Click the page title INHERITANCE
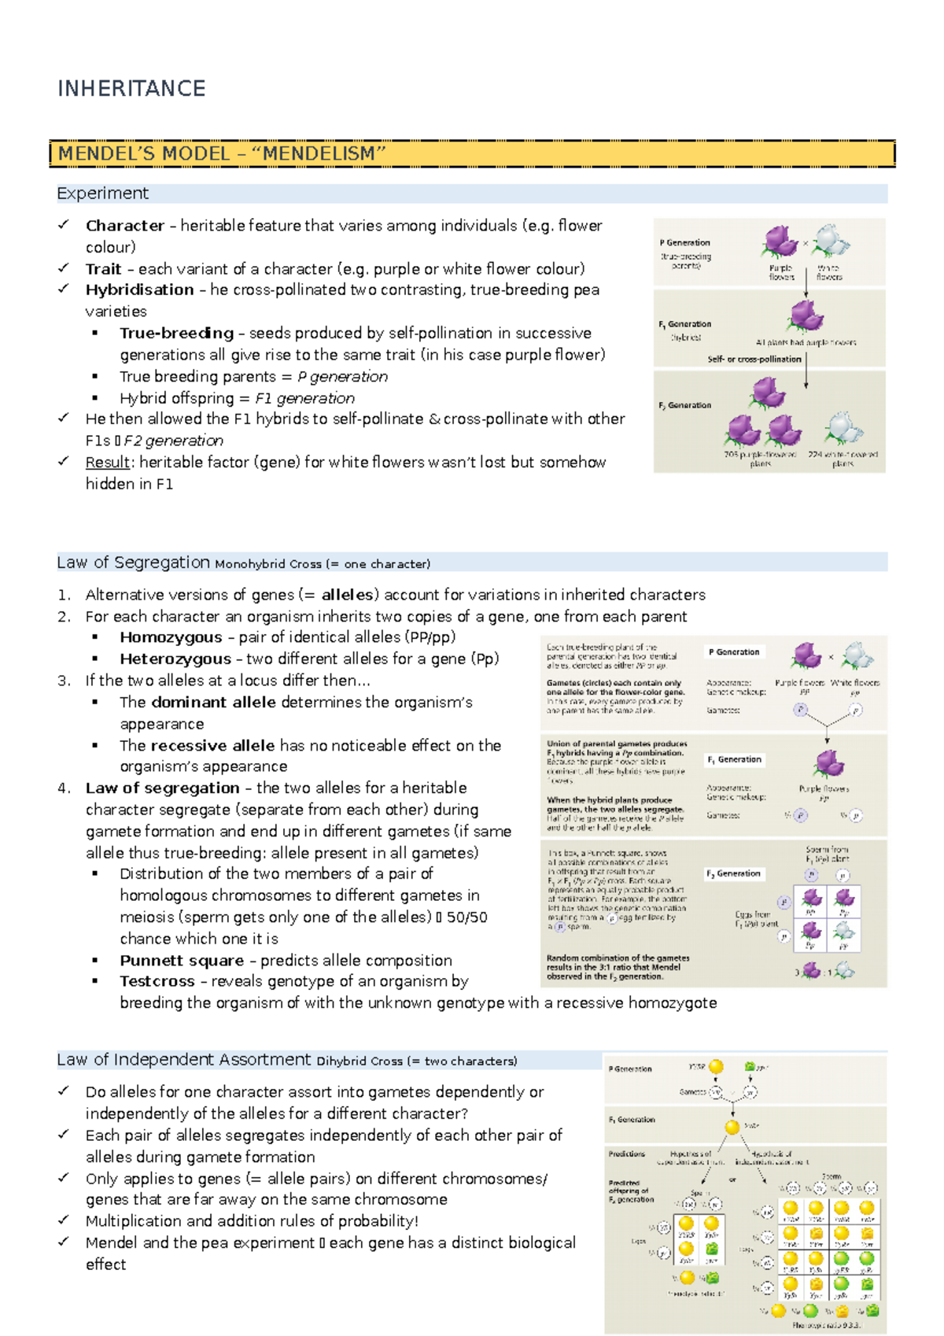(131, 88)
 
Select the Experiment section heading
(102, 194)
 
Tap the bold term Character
(124, 226)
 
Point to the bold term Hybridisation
(139, 290)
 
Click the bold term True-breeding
(176, 333)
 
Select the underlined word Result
(108, 463)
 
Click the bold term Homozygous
(171, 637)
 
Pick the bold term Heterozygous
(175, 659)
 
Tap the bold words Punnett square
(182, 961)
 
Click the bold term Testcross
(157, 981)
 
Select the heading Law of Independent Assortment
(183, 1060)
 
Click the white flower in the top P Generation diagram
(831, 240)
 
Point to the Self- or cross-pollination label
(754, 359)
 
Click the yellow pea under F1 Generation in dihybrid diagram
(732, 1127)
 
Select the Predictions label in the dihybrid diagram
(626, 1153)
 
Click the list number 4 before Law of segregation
(64, 788)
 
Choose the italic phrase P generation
(342, 377)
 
